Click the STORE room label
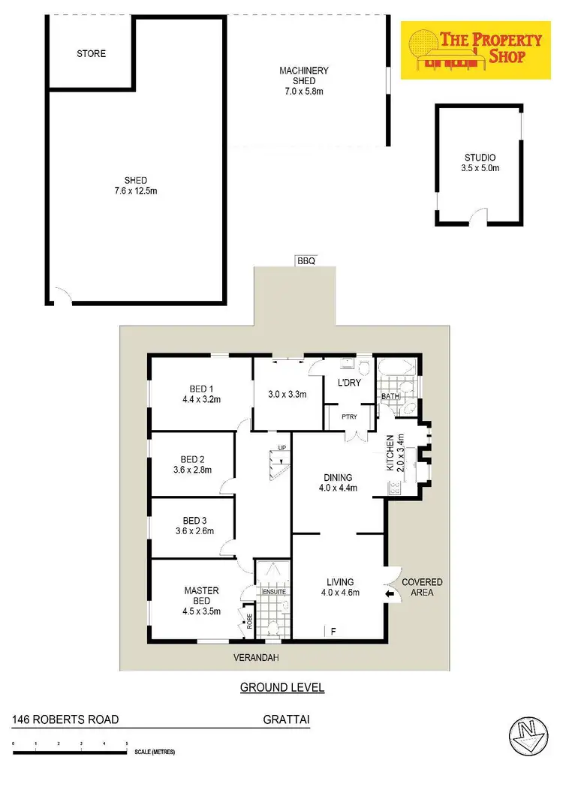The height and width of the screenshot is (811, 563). click(92, 54)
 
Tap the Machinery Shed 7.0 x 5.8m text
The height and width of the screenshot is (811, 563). click(304, 81)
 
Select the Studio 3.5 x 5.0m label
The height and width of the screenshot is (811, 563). click(480, 163)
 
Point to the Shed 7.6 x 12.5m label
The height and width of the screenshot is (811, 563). click(136, 185)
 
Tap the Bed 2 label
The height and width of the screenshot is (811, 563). click(193, 465)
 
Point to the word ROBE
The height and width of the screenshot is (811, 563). click(248, 621)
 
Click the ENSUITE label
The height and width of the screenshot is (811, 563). click(274, 592)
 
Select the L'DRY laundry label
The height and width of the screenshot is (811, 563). click(349, 383)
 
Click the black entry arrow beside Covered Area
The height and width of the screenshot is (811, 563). click(389, 595)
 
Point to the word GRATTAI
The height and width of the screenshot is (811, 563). click(287, 719)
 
